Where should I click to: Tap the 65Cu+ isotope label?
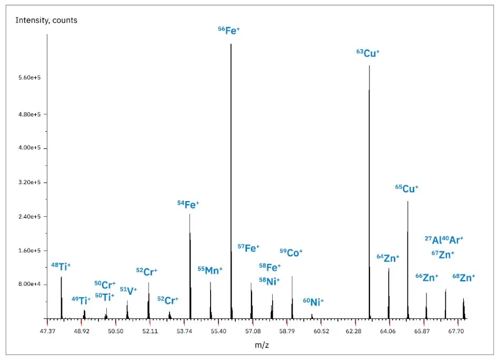[x=407, y=188]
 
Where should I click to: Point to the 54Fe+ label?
[x=188, y=204]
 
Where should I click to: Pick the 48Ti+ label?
[x=61, y=266]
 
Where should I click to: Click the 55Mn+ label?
[x=210, y=270]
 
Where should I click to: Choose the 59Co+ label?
[x=291, y=253]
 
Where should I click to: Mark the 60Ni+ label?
[x=313, y=302]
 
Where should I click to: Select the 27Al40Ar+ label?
[x=444, y=240]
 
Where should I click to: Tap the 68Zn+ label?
[x=464, y=277]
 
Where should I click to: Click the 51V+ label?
[x=128, y=290]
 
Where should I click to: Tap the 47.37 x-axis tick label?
[x=47, y=331]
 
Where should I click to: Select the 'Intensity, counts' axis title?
[x=47, y=21]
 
